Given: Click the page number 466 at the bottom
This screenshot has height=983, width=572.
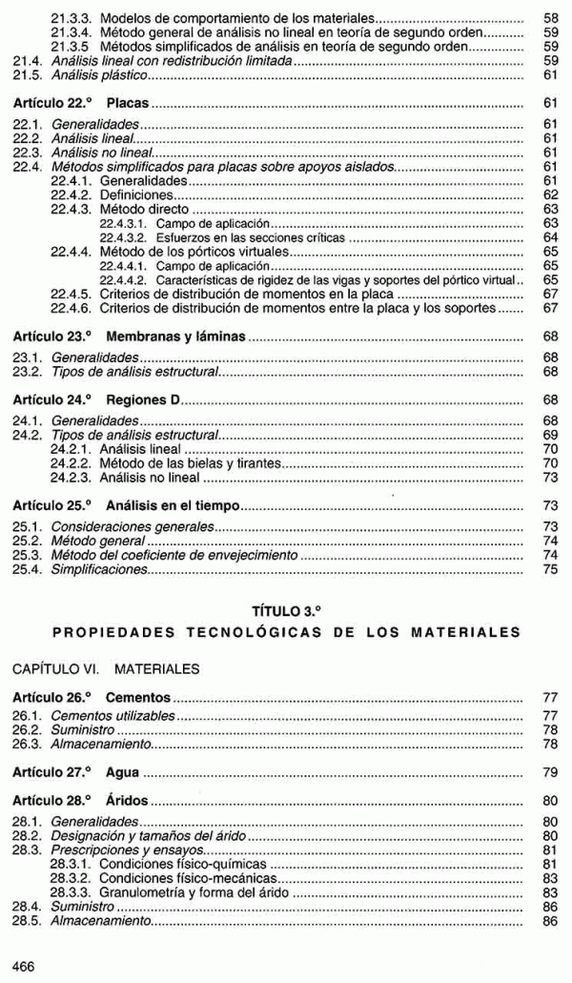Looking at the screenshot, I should coord(23,966).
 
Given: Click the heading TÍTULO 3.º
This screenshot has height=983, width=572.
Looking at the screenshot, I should coord(286,608).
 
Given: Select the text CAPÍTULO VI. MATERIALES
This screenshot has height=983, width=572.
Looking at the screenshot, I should coord(106,669).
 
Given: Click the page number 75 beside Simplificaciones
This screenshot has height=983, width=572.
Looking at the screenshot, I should coord(549,569).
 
